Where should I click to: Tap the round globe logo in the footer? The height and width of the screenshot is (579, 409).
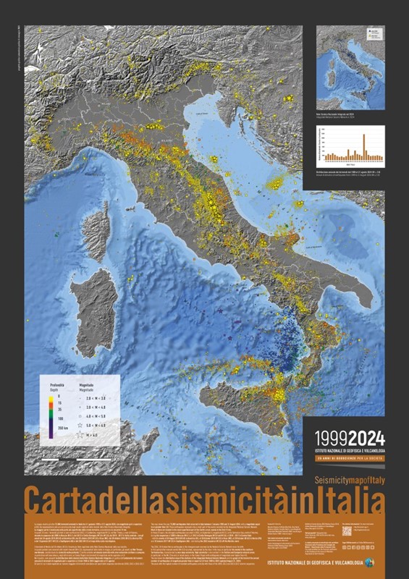coord(370,562)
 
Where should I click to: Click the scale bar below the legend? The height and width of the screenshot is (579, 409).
coord(69,458)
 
